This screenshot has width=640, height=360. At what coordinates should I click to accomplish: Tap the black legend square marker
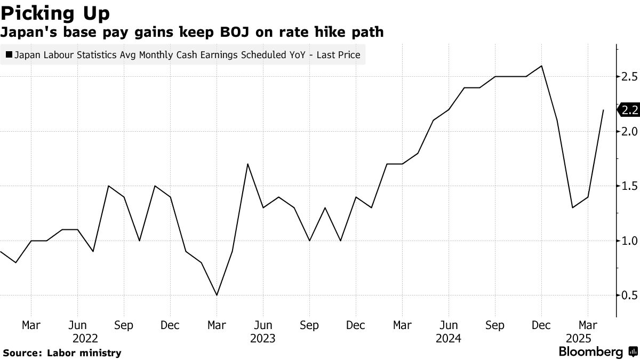point(9,54)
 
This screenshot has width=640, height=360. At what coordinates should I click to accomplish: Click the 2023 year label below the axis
point(262,338)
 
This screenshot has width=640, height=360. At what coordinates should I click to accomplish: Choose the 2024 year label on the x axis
point(448,338)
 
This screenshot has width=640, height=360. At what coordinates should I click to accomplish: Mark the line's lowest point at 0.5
point(216,295)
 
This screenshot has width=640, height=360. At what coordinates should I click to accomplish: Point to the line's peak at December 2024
point(541,66)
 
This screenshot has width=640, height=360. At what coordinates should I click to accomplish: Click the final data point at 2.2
point(603,110)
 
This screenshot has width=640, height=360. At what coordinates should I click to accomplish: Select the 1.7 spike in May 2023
point(247,164)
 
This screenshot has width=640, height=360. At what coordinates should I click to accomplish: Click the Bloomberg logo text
point(590,352)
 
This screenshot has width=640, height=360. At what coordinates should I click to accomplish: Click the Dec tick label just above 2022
point(170,325)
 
